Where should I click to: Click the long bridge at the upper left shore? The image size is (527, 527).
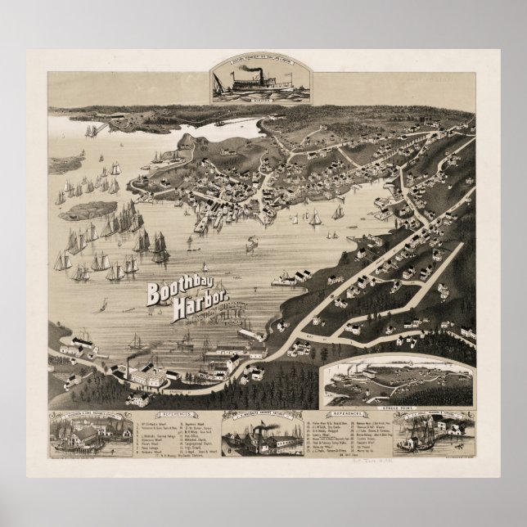tap(102, 129)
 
